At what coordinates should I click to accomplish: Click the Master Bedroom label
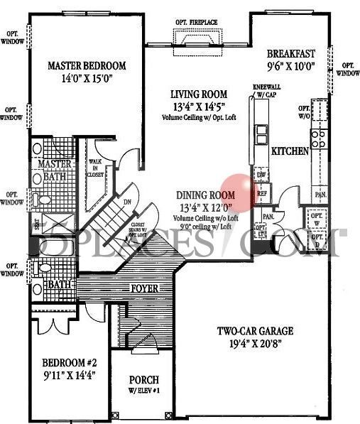[x=87, y=66]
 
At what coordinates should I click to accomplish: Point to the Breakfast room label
[x=291, y=54]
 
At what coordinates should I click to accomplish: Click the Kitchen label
[x=290, y=151]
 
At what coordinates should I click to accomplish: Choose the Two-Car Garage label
[x=256, y=332]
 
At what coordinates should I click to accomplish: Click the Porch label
[x=143, y=380]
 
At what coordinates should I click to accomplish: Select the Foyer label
[x=143, y=289]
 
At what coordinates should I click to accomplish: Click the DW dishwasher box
[x=261, y=175]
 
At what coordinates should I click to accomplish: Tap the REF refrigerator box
[x=261, y=192]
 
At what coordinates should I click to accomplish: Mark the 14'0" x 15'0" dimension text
[x=87, y=80]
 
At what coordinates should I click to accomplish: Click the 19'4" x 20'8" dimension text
[x=256, y=345]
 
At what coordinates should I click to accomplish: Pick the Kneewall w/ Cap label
[x=265, y=90]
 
